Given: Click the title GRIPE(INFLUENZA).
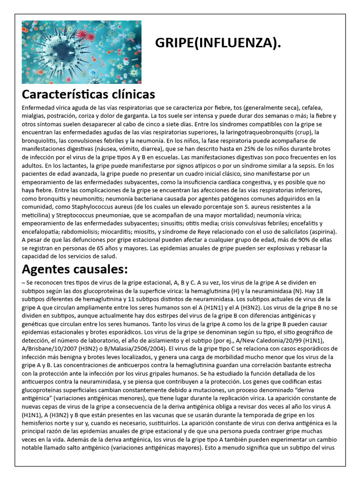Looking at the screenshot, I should [218, 44].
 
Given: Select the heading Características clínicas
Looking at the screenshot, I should [89, 94].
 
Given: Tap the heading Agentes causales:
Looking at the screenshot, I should [75, 270].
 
